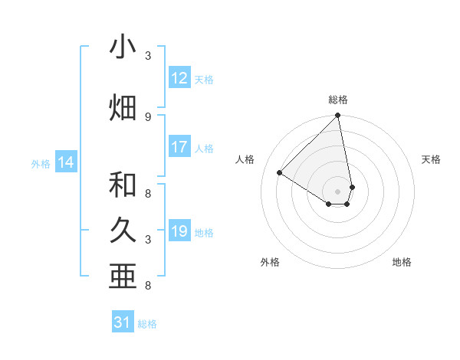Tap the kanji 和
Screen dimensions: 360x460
pyautogui.click(x=123, y=185)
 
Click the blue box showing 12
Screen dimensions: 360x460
pyautogui.click(x=179, y=78)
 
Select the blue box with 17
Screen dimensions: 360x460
pyautogui.click(x=179, y=147)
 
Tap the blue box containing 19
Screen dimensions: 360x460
pyautogui.click(x=179, y=231)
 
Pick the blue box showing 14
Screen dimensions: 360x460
pyautogui.click(x=66, y=162)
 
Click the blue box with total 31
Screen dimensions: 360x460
pyautogui.click(x=123, y=322)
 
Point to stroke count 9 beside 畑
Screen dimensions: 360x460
pyautogui.click(x=148, y=117)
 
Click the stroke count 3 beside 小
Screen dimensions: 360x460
pyautogui.click(x=148, y=56)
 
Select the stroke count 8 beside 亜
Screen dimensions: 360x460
pyautogui.click(x=148, y=286)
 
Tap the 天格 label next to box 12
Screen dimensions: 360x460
pyautogui.click(x=204, y=79)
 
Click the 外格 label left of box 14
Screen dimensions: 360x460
pyautogui.click(x=41, y=163)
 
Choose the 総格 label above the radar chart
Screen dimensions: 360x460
pyautogui.click(x=338, y=100)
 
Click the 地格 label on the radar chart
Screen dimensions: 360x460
pyautogui.click(x=402, y=262)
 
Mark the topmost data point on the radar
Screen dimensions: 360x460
pyautogui.click(x=338, y=116)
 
